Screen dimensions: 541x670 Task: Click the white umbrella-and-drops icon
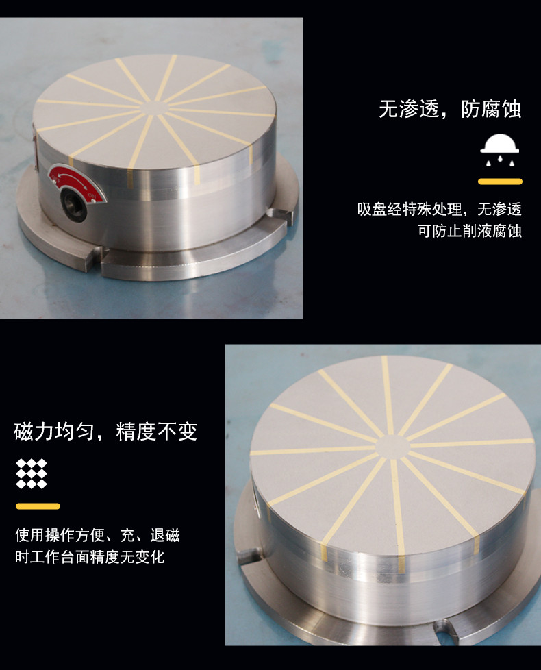500,150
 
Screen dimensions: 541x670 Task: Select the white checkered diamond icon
32,473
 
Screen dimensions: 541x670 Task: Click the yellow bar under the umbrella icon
500,182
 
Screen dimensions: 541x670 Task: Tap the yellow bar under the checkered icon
38,506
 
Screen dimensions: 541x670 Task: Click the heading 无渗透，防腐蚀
450,110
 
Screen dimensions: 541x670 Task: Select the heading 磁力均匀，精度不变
105,431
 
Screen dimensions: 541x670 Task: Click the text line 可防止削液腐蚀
470,231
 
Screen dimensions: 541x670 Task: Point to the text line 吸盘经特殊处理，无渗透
440,210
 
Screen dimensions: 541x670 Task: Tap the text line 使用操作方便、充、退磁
98,535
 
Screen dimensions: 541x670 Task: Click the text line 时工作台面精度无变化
90,557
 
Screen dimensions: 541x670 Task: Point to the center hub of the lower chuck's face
393,447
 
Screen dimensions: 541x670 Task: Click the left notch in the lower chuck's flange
249,556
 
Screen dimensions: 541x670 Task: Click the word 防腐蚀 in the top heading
491,110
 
